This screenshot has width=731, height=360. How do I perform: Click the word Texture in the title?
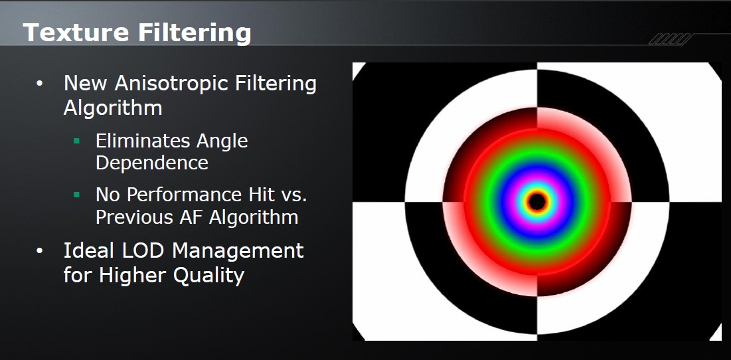76,33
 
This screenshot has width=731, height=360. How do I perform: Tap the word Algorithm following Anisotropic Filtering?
113,108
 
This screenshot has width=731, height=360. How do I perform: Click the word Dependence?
152,163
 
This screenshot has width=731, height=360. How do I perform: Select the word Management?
239,251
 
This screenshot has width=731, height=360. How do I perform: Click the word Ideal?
90,251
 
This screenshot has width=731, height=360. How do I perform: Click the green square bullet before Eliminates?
77,140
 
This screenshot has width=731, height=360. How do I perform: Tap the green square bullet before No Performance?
77,195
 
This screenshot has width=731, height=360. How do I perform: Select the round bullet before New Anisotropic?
40,84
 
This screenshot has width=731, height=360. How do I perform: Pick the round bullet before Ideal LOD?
40,251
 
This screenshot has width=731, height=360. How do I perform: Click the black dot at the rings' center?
537,202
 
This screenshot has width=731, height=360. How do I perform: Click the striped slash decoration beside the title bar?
670,39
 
